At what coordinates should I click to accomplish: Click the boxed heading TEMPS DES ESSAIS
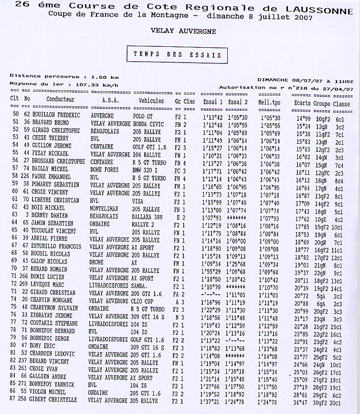pos(177,55)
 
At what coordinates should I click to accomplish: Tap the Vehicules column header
pos(151,101)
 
